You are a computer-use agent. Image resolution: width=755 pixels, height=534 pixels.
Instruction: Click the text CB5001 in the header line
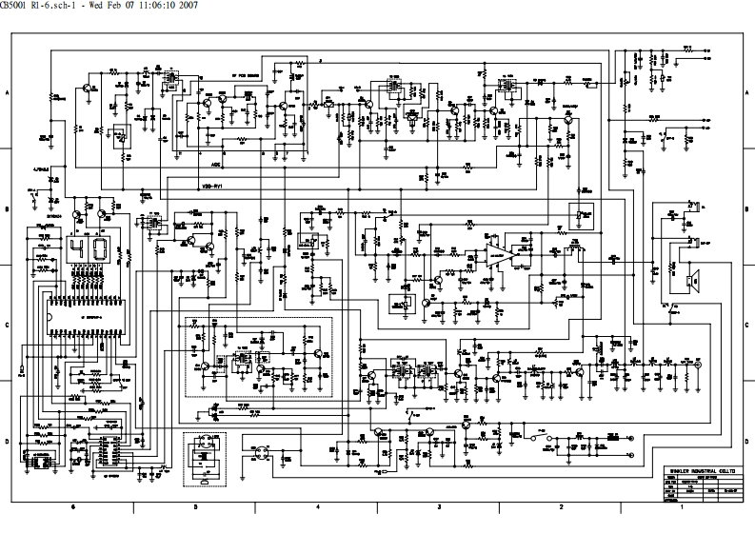[x=18, y=8]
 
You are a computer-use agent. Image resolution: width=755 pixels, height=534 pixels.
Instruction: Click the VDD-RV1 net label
[x=212, y=187]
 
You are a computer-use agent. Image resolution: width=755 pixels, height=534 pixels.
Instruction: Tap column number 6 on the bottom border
[x=73, y=509]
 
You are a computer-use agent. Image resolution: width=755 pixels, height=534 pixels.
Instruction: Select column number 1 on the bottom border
[x=683, y=509]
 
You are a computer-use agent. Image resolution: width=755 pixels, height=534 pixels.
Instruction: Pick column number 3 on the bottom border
[x=439, y=509]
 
